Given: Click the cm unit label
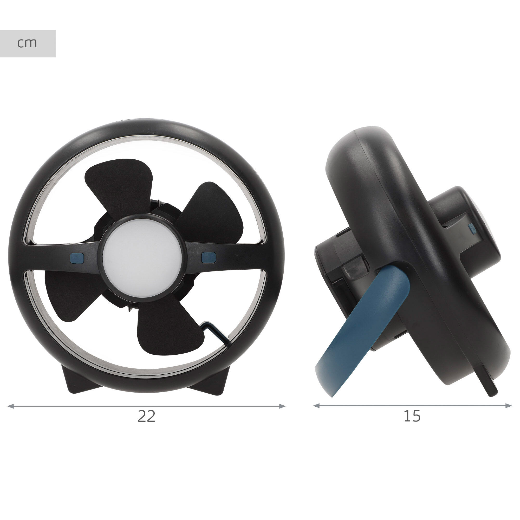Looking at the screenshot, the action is coord(27,43).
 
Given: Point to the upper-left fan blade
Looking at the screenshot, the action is coord(118,186).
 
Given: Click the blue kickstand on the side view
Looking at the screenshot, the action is coord(362,331).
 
